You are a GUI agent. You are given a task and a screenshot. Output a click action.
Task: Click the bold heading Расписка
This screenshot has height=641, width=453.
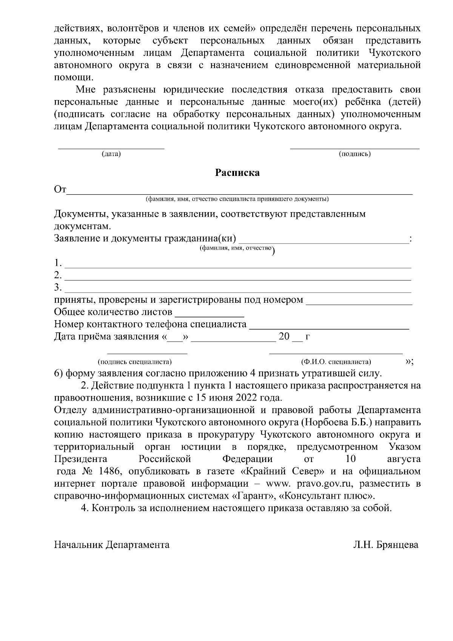(x=237, y=173)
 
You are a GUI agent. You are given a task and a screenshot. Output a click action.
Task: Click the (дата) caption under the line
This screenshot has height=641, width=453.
(x=111, y=154)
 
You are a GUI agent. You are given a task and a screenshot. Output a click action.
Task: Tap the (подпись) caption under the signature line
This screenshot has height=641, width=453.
(x=354, y=154)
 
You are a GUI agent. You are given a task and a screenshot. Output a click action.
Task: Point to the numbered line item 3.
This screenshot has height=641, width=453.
(x=238, y=289)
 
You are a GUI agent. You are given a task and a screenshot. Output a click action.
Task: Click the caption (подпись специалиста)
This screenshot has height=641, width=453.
(x=135, y=362)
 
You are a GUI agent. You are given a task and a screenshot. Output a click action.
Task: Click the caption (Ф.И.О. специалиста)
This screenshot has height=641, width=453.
(x=336, y=362)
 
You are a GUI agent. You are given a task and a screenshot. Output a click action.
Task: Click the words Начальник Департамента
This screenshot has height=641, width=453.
(x=112, y=545)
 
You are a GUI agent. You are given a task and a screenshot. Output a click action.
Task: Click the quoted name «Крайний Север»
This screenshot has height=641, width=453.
(x=282, y=472)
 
